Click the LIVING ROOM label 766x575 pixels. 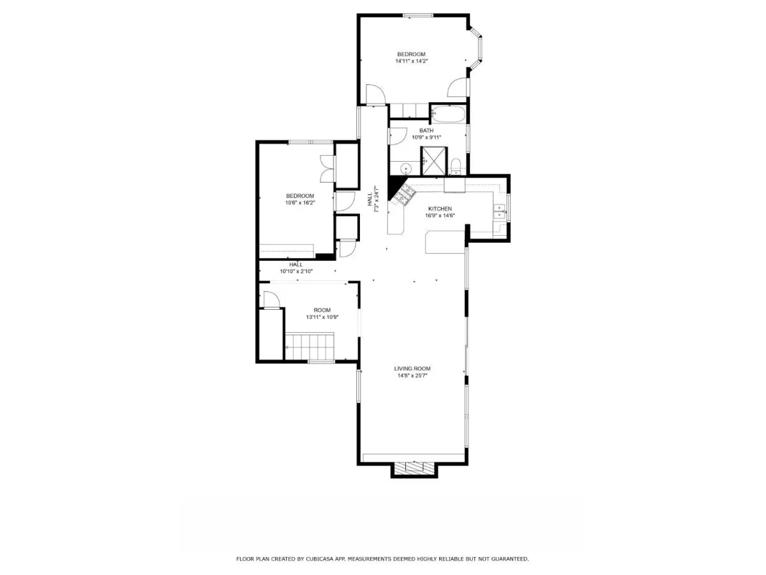[412, 369]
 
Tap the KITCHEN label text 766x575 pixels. [440, 209]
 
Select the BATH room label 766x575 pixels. [426, 130]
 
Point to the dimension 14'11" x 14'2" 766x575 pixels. [412, 61]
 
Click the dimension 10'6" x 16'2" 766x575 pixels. [300, 203]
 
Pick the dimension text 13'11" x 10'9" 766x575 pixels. [322, 317]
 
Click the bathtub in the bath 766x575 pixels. [448, 114]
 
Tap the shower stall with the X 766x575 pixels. [434, 160]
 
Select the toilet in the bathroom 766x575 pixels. [456, 167]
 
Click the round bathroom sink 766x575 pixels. [406, 168]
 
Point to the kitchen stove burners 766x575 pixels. [404, 194]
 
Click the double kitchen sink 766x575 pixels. [500, 211]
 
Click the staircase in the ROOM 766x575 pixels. [310, 346]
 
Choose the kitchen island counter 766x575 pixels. [445, 241]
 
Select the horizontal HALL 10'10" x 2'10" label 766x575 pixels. [296, 268]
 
